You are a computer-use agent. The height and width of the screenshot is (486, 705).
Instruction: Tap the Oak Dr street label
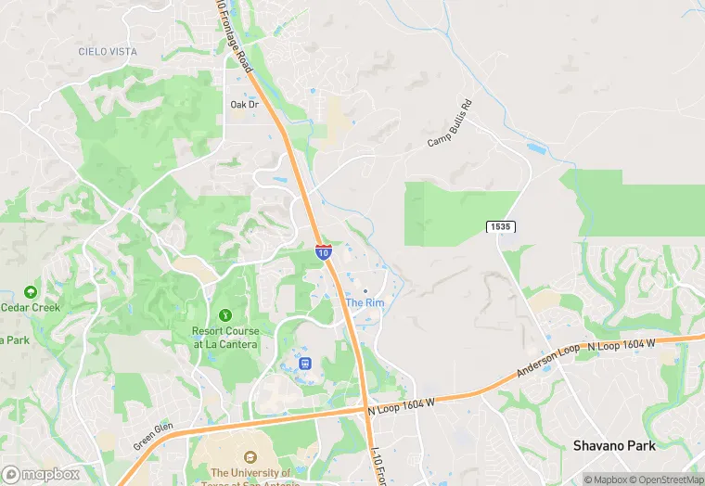click(244, 105)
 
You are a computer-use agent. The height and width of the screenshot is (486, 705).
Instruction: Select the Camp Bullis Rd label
click(450, 123)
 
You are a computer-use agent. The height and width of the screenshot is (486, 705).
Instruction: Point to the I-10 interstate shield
click(323, 251)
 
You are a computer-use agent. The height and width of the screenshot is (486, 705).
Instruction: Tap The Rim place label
click(365, 303)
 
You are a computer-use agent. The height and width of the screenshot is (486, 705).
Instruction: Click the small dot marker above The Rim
click(365, 291)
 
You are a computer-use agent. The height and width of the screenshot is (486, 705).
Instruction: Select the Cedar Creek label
click(30, 308)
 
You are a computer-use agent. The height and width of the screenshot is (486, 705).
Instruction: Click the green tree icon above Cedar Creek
click(30, 291)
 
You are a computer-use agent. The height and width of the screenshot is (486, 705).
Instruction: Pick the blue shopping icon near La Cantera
click(304, 361)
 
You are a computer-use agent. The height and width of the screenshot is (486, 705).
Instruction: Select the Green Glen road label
click(152, 436)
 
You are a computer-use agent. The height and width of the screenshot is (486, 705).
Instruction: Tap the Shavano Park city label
click(614, 445)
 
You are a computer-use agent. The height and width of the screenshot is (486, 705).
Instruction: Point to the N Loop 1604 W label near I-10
click(401, 403)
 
